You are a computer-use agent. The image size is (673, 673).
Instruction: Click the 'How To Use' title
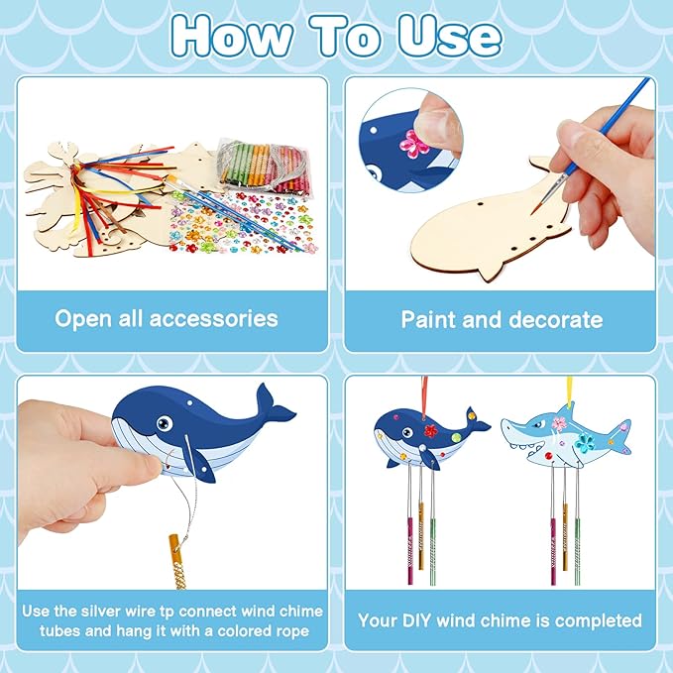coord(335,36)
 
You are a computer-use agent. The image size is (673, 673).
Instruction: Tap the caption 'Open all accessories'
coord(167,319)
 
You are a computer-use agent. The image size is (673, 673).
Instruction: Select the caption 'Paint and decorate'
coord(502,319)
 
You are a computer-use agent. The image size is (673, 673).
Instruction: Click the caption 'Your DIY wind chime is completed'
coord(501,620)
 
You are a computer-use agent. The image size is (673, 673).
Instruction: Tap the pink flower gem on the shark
coord(561,424)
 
